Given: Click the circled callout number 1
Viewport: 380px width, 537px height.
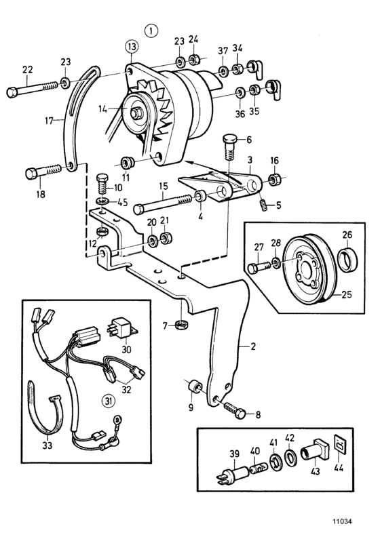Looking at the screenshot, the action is point(151,31).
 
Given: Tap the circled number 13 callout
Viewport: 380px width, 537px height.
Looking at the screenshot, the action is point(132,47).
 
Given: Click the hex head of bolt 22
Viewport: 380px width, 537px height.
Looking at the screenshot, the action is point(12,92).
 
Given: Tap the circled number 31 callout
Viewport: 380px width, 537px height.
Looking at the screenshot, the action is point(109,401).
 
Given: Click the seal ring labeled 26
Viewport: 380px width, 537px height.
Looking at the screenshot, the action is point(347,259).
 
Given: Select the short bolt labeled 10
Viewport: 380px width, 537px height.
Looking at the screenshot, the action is point(102,184).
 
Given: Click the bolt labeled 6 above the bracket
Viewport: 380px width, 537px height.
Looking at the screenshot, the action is point(229,148).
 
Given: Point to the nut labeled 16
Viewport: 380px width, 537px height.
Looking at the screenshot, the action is point(273,179).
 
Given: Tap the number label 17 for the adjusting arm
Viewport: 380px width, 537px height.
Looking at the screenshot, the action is point(50,121).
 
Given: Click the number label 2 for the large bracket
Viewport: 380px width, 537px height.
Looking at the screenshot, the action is point(253,346).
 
